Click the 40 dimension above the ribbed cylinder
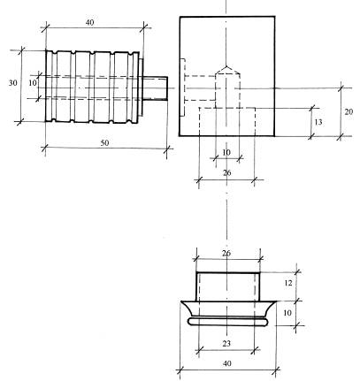click(89, 22)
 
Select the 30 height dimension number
click(12, 83)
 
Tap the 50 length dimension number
click(104, 143)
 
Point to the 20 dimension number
click(349, 111)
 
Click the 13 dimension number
click(318, 122)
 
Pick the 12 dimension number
click(288, 283)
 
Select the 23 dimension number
click(226, 343)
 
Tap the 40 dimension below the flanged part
click(226, 363)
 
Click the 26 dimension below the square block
click(226, 172)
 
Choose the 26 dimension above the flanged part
click(226, 254)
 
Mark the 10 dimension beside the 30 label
click(33, 83)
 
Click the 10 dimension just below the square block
click(226, 152)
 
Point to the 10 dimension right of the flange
click(287, 313)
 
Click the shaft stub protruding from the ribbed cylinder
click(155, 88)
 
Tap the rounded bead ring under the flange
click(228, 322)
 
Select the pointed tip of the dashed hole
click(226, 66)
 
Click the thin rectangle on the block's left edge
click(182, 88)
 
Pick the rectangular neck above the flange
click(228, 287)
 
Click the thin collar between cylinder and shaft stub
click(141, 88)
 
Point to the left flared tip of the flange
click(181, 301)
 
